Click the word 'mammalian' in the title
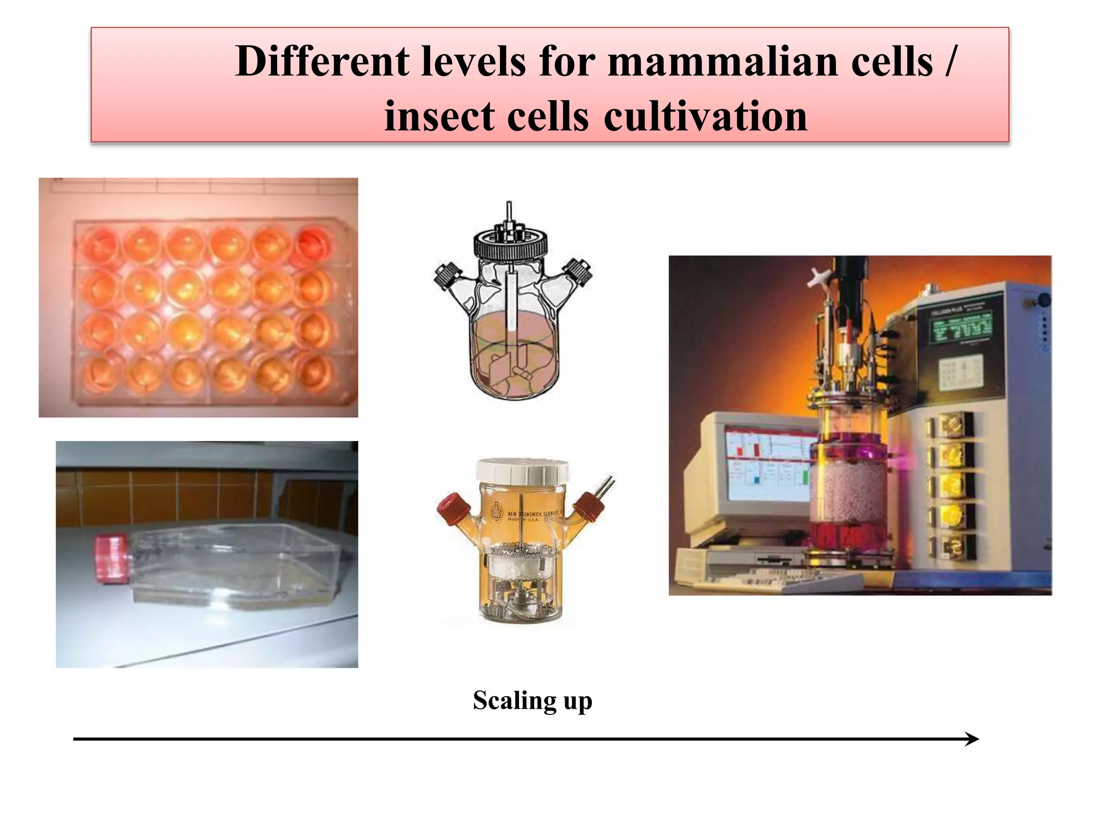(722, 62)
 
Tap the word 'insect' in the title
(439, 116)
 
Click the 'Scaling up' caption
(532, 701)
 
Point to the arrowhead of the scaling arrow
(973, 739)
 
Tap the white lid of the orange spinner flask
(522, 471)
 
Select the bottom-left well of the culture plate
(100, 372)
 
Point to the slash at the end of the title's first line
(949, 62)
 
